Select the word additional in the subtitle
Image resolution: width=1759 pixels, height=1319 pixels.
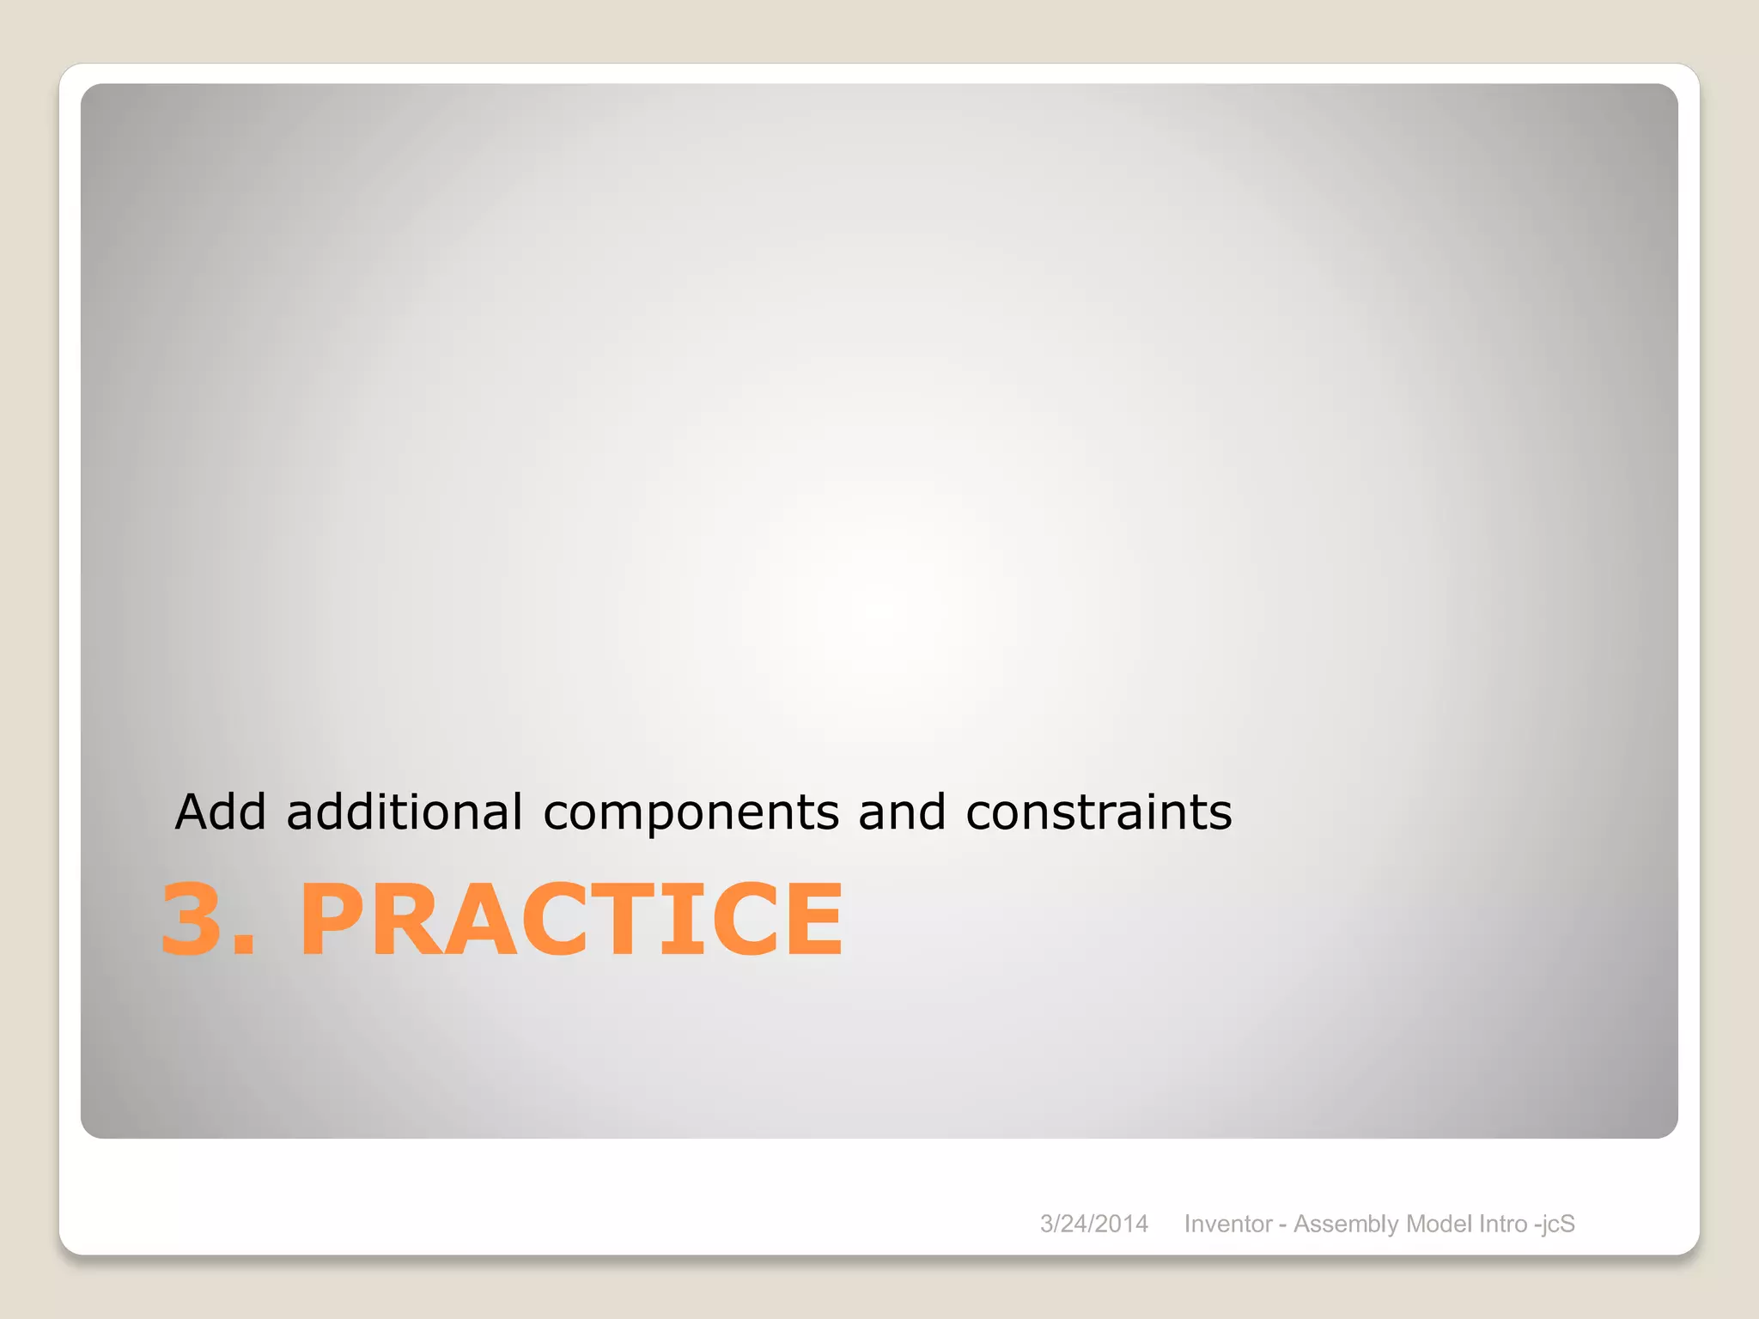[x=404, y=811]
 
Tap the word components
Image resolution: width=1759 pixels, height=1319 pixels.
[x=691, y=813]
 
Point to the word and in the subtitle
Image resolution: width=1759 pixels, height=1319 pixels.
[x=901, y=811]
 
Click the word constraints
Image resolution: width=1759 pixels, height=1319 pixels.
[x=1099, y=811]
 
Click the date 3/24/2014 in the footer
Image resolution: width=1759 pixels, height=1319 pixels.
[x=1093, y=1224]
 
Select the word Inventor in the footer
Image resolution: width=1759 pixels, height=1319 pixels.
[x=1227, y=1224]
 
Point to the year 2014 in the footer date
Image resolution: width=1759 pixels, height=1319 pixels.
[x=1121, y=1224]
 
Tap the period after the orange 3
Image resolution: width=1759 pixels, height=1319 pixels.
[x=244, y=945]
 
